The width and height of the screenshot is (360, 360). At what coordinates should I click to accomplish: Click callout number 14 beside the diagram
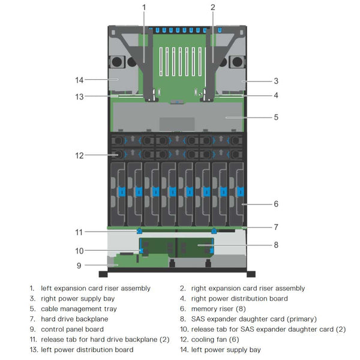pos(79,79)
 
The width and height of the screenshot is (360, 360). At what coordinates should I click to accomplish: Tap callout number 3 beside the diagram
pos(275,80)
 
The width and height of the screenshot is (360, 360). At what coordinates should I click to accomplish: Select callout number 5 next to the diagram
pos(275,118)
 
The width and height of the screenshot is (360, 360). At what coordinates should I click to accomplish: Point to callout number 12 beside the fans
pos(79,155)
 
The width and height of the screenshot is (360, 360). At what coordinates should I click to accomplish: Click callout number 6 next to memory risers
pos(275,204)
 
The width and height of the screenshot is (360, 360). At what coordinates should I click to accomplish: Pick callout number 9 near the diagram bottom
pos(79,265)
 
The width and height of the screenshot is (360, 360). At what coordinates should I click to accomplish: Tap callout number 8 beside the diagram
pos(275,244)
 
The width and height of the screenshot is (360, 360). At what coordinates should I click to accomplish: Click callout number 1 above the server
pos(144,7)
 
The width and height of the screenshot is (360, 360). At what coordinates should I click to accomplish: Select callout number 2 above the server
pos(212,7)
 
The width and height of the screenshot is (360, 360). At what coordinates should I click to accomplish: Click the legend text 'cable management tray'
pos(79,309)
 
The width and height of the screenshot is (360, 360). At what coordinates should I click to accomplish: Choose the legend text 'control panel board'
pos(72,329)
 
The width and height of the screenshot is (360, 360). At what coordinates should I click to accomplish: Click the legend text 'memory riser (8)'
pos(220,309)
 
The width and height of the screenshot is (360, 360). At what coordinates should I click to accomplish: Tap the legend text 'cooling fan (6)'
pos(217,340)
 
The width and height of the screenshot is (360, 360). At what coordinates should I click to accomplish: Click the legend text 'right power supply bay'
pos(77,299)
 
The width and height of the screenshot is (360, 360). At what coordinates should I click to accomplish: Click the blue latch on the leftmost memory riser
pos(122,192)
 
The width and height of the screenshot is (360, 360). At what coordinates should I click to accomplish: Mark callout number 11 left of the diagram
pos(79,232)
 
